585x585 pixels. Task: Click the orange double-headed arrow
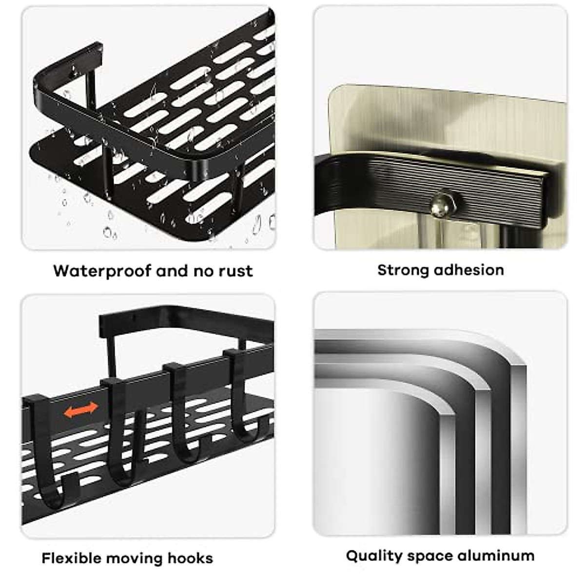[81, 410]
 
